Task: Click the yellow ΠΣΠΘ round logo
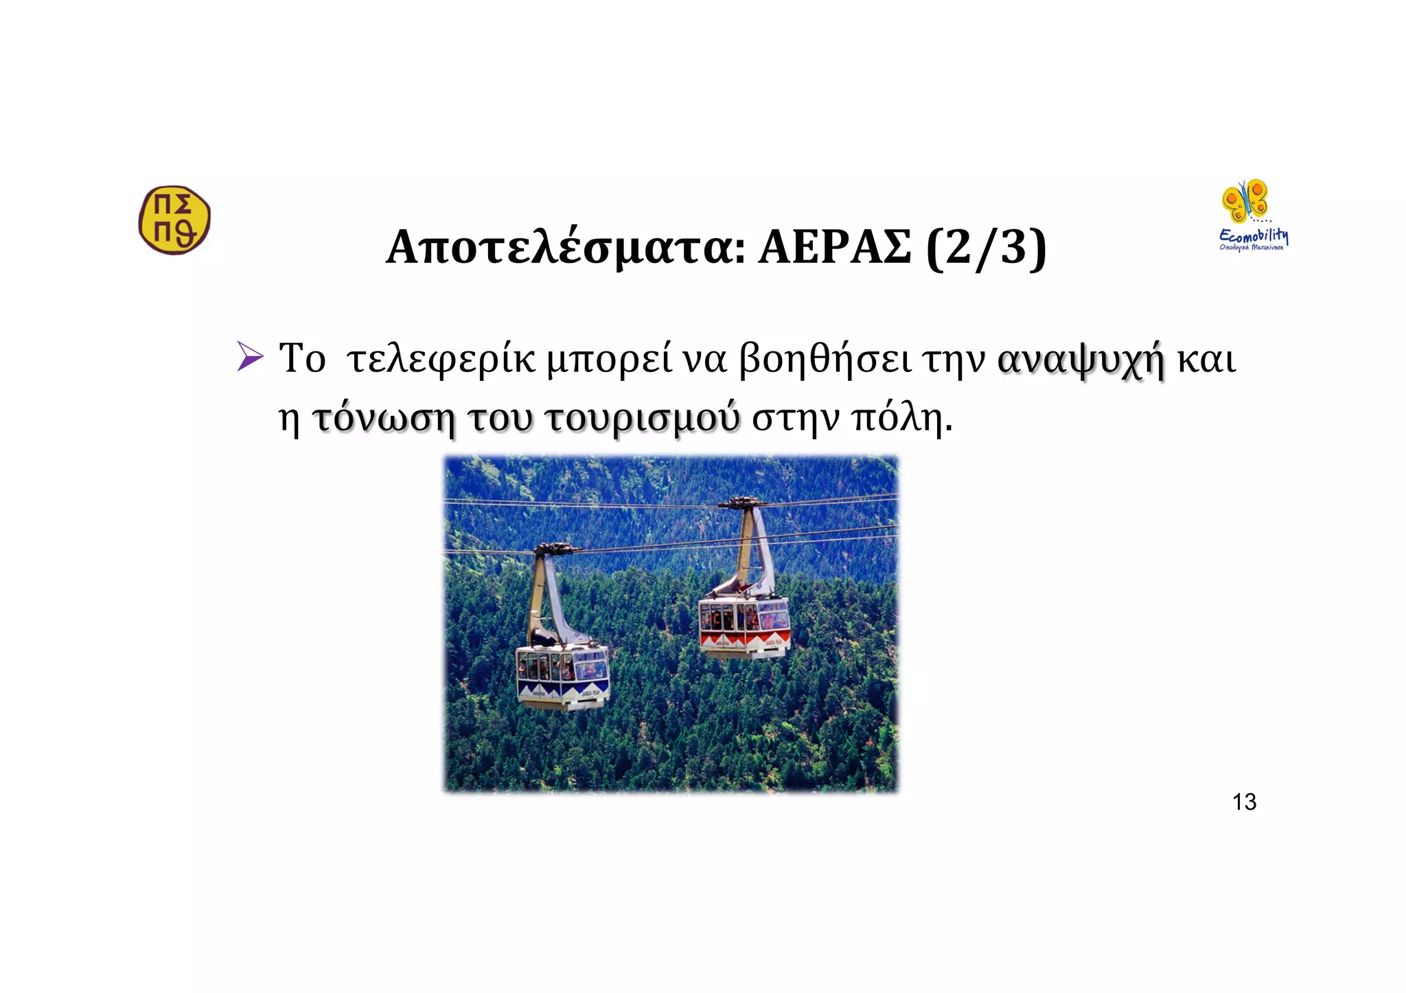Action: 174,220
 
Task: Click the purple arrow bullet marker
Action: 250,357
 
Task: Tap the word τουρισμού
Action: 643,419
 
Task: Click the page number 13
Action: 1244,802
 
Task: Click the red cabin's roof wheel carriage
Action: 741,503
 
